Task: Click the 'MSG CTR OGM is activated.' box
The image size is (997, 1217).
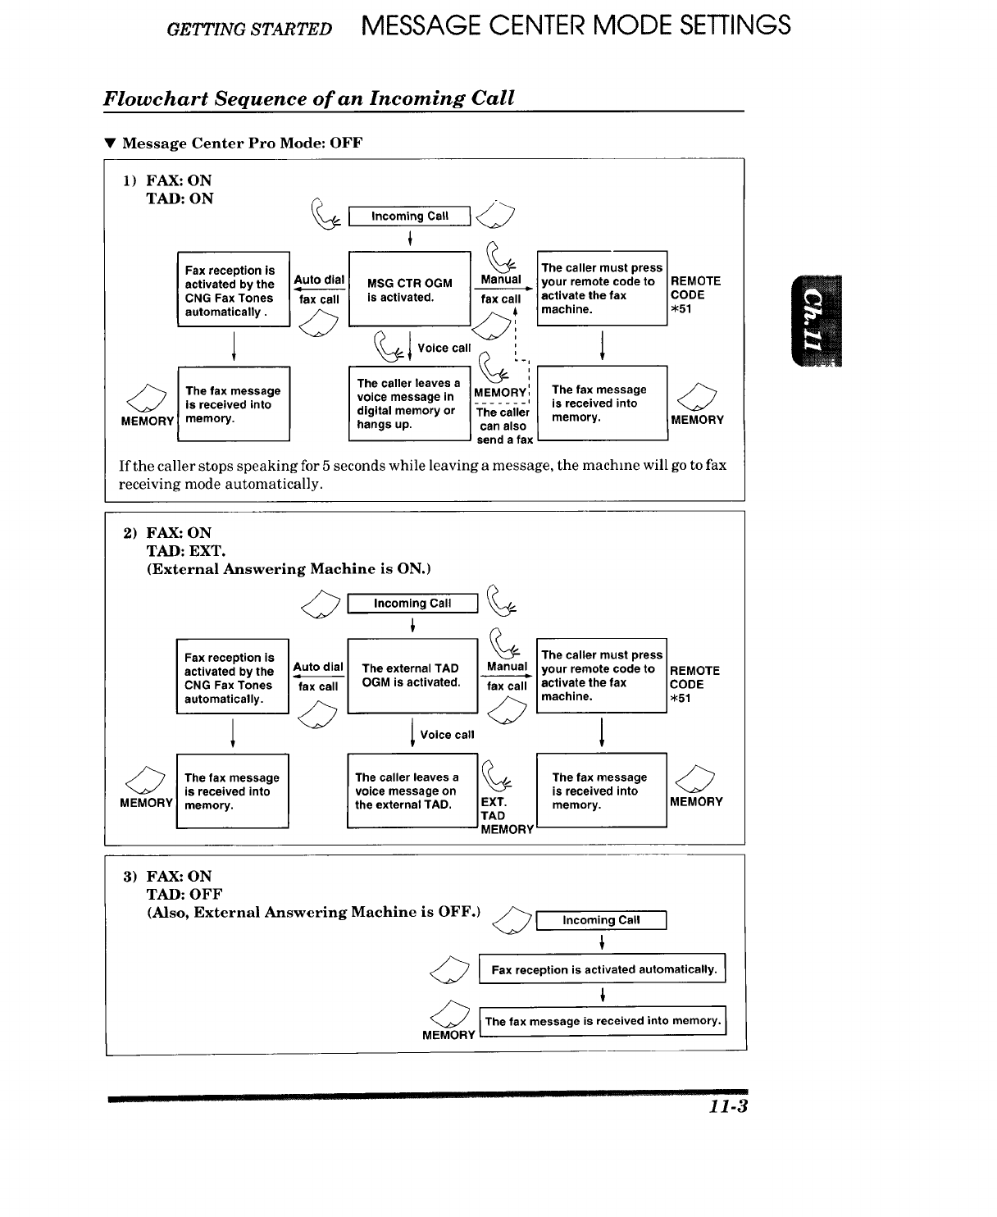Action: click(x=410, y=289)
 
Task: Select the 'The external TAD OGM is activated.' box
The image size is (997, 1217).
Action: click(x=412, y=676)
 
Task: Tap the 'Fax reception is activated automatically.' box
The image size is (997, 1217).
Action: click(x=603, y=969)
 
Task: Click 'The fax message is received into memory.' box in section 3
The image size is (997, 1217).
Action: click(x=603, y=1021)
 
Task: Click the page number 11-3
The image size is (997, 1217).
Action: click(x=729, y=1106)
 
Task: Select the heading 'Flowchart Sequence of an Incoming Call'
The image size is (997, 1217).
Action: click(x=309, y=98)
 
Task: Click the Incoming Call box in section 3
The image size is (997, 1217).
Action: click(x=601, y=920)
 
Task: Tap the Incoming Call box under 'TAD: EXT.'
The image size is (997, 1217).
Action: click(x=412, y=604)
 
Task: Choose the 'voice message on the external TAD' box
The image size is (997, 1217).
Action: click(x=412, y=791)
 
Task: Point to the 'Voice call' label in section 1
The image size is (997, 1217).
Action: click(x=444, y=348)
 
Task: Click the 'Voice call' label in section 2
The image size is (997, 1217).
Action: click(x=447, y=735)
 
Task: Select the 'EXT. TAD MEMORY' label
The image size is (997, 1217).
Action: click(x=505, y=815)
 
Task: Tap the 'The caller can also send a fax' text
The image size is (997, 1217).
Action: click(x=503, y=426)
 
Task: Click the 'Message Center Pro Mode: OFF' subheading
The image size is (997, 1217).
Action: click(x=242, y=144)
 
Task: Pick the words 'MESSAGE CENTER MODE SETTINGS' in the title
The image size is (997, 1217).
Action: click(x=576, y=25)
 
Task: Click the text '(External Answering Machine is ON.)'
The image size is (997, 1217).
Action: click(x=289, y=569)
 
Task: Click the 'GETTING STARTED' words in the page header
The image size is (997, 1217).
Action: click(x=249, y=30)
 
